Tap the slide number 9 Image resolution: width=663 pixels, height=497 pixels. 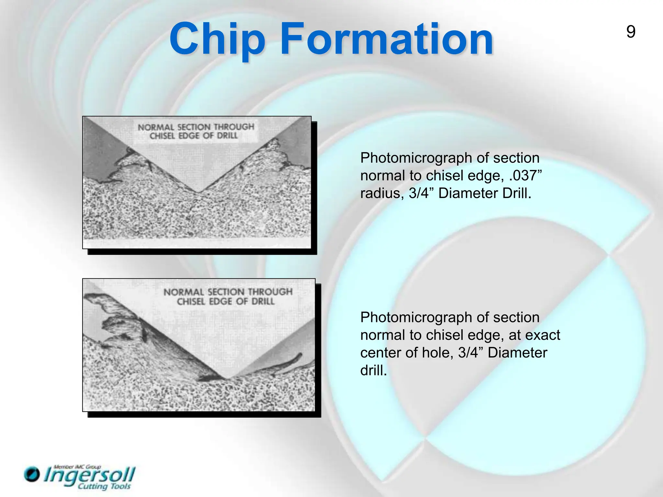point(631,32)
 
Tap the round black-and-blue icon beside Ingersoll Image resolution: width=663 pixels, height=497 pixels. point(32,474)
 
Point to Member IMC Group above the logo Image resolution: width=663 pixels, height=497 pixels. point(77,467)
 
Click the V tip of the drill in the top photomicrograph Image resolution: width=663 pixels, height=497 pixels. point(198,192)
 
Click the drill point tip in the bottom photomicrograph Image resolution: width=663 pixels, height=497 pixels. point(227,379)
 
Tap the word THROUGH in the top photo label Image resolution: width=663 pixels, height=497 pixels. point(234,127)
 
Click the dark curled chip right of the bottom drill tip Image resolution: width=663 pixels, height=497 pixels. point(288,362)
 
